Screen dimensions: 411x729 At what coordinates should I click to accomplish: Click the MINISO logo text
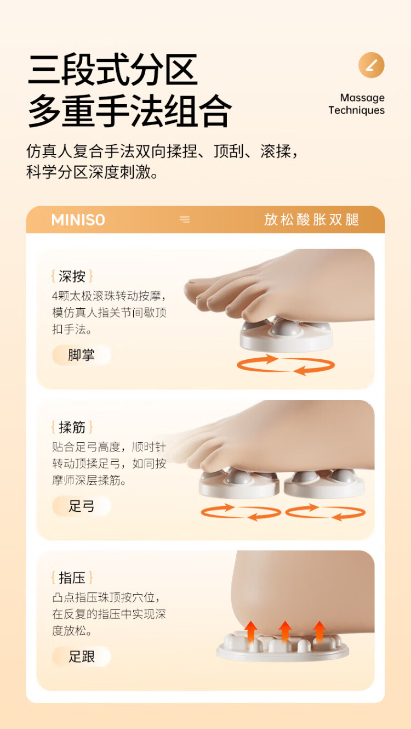(78, 220)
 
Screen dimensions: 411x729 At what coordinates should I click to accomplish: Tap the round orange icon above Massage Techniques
(372, 65)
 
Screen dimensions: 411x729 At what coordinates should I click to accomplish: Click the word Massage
(362, 98)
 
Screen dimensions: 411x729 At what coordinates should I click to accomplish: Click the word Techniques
(356, 110)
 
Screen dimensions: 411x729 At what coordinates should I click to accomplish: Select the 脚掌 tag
(81, 355)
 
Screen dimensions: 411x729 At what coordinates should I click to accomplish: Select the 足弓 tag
(81, 506)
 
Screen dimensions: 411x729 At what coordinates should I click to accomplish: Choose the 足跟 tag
(81, 657)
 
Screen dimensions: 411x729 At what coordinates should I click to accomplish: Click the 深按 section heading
(72, 276)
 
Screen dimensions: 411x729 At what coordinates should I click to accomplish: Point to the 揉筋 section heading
(72, 427)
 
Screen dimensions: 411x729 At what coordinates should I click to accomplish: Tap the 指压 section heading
(72, 578)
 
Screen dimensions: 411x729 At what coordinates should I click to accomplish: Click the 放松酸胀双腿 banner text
(311, 219)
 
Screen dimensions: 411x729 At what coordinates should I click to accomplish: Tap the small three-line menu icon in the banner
(185, 219)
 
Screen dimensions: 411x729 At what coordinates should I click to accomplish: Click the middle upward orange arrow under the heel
(285, 631)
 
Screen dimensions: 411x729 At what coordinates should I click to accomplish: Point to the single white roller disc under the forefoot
(286, 336)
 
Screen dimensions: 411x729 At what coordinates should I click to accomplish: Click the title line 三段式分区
(113, 69)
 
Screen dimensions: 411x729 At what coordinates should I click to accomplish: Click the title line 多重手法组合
(130, 111)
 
